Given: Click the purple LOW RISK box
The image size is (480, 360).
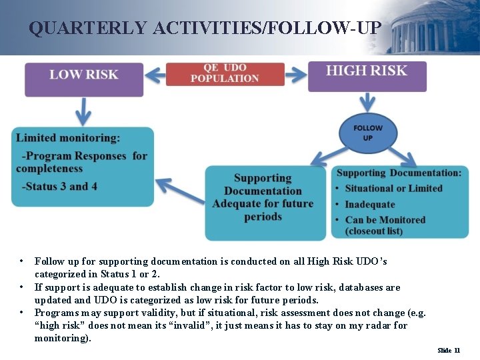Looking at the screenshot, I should pyautogui.click(x=84, y=79).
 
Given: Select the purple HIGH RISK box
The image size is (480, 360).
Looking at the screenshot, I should pyautogui.click(x=367, y=76).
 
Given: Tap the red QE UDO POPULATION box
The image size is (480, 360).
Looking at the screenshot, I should pyautogui.click(x=225, y=73).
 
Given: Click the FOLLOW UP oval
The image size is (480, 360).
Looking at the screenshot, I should pyautogui.click(x=368, y=133).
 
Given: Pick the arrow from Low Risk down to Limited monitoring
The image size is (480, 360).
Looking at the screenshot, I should pyautogui.click(x=84, y=109).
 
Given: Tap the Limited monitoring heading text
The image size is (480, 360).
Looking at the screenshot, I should pyautogui.click(x=68, y=138).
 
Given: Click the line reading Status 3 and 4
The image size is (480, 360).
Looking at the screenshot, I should pyautogui.click(x=60, y=186).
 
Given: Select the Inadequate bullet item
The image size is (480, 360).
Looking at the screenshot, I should pyautogui.click(x=370, y=205).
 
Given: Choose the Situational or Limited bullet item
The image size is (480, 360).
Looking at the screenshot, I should pyautogui.click(x=393, y=189).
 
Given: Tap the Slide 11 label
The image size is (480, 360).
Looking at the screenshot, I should pyautogui.click(x=449, y=350).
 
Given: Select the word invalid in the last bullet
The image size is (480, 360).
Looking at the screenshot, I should pyautogui.click(x=230, y=325).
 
